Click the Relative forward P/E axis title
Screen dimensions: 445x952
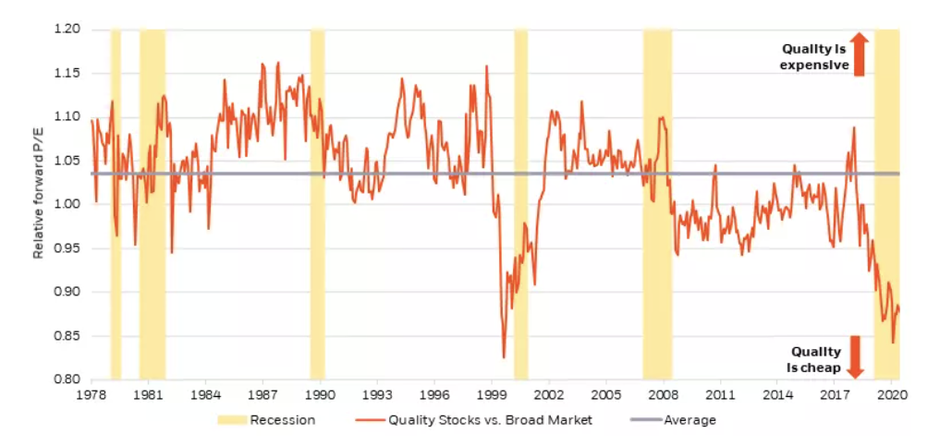pos(39,205)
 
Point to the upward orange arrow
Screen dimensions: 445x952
pos(859,54)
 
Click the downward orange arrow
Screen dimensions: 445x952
pos(855,356)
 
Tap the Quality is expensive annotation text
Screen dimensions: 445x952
pos(814,56)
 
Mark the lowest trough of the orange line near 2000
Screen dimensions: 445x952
pos(504,357)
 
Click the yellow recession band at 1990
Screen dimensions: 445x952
pos(317,203)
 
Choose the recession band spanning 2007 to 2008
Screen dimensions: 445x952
pos(657,203)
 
